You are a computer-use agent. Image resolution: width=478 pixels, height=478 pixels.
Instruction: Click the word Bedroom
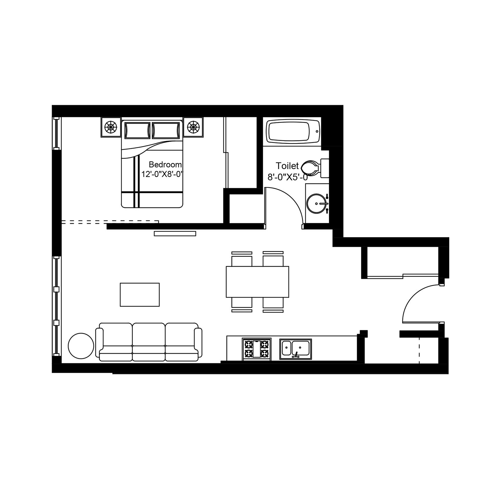point(165,165)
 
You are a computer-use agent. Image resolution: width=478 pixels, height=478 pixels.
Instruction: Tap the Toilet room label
point(287,166)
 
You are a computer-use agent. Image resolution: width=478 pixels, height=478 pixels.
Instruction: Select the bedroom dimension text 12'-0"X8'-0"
point(162,174)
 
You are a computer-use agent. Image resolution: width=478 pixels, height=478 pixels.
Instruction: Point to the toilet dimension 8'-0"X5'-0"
point(287,177)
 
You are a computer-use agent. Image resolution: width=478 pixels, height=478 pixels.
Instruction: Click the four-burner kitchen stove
point(257,349)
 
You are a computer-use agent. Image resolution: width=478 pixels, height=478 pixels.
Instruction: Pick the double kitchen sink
point(295,349)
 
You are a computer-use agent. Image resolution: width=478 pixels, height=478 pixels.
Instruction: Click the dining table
point(257,282)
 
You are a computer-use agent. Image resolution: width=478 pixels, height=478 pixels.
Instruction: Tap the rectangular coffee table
point(140,295)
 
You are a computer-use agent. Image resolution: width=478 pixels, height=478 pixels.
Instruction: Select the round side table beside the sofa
point(81,346)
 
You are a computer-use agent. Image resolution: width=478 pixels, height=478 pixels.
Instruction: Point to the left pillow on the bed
point(137,130)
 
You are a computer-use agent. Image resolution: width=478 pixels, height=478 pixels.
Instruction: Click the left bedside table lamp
point(111,127)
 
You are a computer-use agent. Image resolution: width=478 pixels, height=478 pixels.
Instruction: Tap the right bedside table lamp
point(193,127)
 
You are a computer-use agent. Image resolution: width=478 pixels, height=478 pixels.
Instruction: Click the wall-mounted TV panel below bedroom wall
point(175,234)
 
